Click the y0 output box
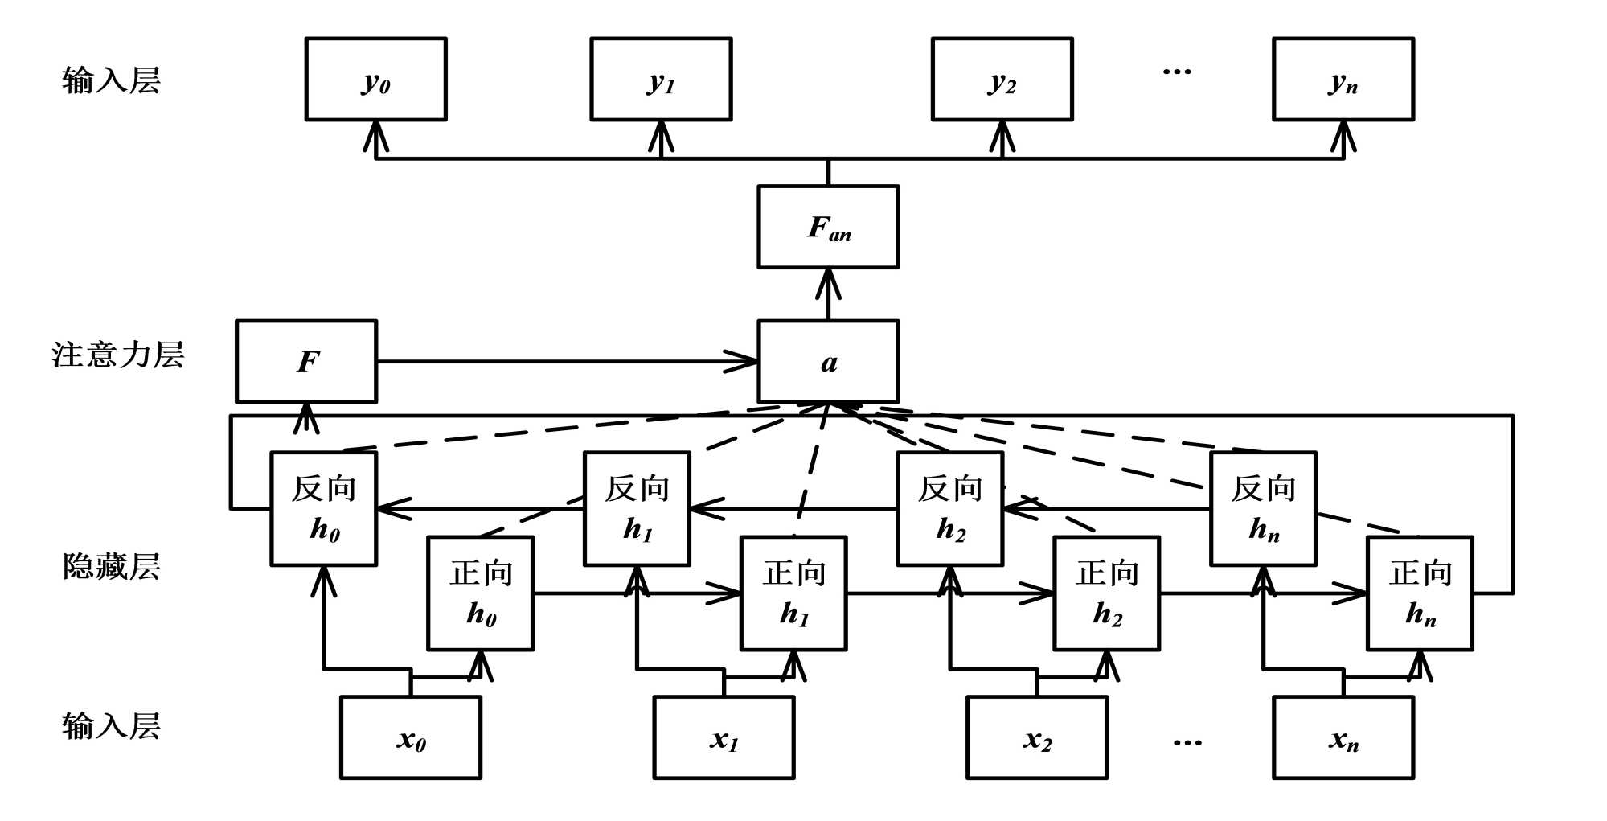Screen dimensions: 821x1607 coord(375,79)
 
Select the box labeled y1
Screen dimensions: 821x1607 coord(661,79)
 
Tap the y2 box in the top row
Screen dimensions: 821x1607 coord(1002,79)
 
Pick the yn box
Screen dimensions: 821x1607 coord(1343,79)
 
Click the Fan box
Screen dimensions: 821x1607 coord(828,227)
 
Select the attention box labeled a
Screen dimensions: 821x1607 coord(828,361)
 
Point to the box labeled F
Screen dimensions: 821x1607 coord(306,361)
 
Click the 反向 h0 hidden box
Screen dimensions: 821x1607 coord(324,508)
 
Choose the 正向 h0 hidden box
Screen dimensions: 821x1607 coord(480,593)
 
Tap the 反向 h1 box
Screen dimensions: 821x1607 coord(637,508)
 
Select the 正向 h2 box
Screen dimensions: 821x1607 coord(1106,593)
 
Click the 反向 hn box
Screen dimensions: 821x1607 coord(1263,508)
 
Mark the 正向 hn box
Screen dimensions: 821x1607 coord(1420,593)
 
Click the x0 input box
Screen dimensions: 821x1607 coord(411,737)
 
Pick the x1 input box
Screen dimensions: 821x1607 coord(724,737)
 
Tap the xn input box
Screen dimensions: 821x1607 coord(1343,737)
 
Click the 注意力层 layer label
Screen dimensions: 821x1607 coord(118,355)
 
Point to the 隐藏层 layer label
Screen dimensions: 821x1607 coord(112,566)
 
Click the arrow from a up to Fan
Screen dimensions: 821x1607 coord(828,294)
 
